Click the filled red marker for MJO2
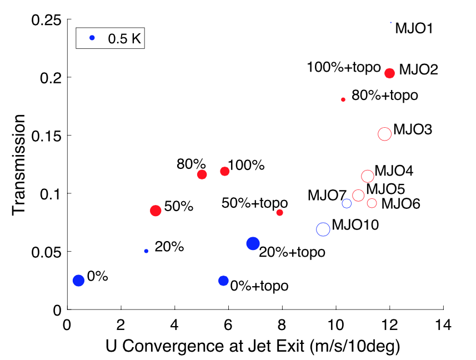coord(389,73)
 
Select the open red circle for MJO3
coord(384,134)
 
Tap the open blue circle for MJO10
coord(323,229)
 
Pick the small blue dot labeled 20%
coord(146,251)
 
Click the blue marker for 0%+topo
coord(223,281)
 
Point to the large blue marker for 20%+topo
coord(253,243)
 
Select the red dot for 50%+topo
coord(280,213)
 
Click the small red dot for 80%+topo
coord(343,99)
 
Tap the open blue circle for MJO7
coord(347,203)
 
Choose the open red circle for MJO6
coord(372,203)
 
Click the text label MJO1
coord(414,28)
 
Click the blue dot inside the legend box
coord(92,38)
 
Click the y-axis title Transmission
coord(20,164)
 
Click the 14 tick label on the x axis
coord(443,323)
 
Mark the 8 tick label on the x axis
coord(282,323)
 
